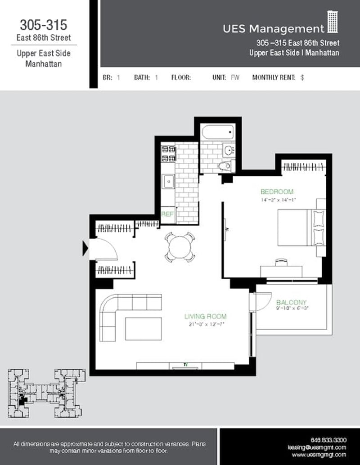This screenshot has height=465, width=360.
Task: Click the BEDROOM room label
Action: tap(277, 192)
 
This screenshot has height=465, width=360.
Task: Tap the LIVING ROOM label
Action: tap(205, 316)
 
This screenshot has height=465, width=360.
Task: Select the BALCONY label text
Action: tap(291, 302)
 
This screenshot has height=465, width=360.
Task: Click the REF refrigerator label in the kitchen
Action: tap(167, 215)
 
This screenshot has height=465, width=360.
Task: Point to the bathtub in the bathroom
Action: tap(217, 133)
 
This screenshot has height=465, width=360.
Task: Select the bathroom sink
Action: tap(228, 150)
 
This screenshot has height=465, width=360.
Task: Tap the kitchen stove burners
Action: tap(168, 153)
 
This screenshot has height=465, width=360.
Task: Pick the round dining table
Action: tap(180, 246)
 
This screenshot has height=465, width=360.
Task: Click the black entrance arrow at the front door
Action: tap(85, 248)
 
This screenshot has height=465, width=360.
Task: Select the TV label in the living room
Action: tap(185, 364)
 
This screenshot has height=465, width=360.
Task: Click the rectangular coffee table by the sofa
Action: tap(143, 329)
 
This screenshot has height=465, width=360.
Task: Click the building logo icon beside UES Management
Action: tap(333, 22)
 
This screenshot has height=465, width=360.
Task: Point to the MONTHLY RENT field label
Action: tap(274, 77)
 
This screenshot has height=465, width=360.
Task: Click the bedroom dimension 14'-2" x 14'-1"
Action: tap(278, 199)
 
